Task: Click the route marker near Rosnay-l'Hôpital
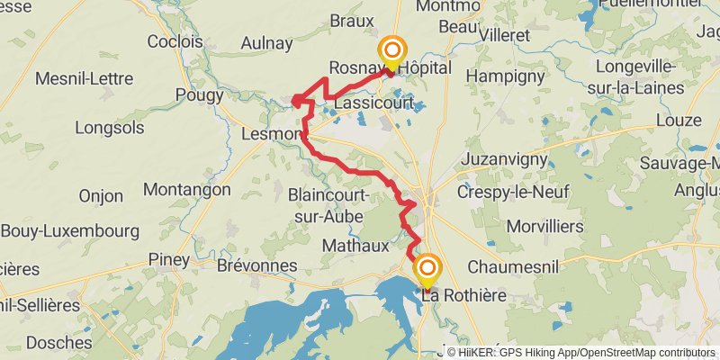point(391,51)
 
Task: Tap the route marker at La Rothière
point(427,269)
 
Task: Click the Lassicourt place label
point(373,103)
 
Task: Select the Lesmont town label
point(272,134)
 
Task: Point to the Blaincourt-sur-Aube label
point(326,205)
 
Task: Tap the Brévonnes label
point(256,265)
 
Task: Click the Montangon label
point(187,190)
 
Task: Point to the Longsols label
point(110,128)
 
